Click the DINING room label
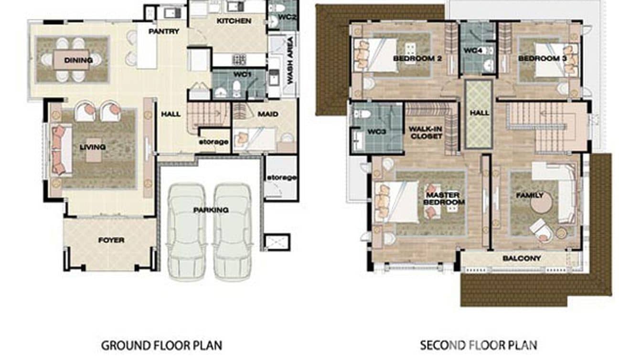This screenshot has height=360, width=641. [x=78, y=60]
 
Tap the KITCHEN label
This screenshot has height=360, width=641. [x=234, y=21]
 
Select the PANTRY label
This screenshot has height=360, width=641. [x=164, y=32]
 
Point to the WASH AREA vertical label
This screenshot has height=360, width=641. [x=290, y=60]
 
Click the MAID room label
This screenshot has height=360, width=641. [x=268, y=115]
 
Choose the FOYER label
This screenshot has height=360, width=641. [x=111, y=240]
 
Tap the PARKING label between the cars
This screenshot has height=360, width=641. [x=211, y=210]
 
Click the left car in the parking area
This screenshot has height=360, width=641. [x=187, y=232]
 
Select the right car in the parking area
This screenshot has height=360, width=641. [x=232, y=232]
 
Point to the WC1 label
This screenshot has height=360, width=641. [x=242, y=74]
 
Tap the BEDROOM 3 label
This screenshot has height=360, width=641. [x=542, y=59]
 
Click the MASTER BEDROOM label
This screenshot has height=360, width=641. [x=444, y=199]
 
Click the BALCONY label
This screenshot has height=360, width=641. [x=522, y=258]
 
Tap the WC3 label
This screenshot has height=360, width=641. [x=377, y=132]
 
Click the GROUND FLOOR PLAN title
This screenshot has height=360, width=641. [x=161, y=345]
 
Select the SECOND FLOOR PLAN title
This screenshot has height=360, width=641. [x=479, y=345]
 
